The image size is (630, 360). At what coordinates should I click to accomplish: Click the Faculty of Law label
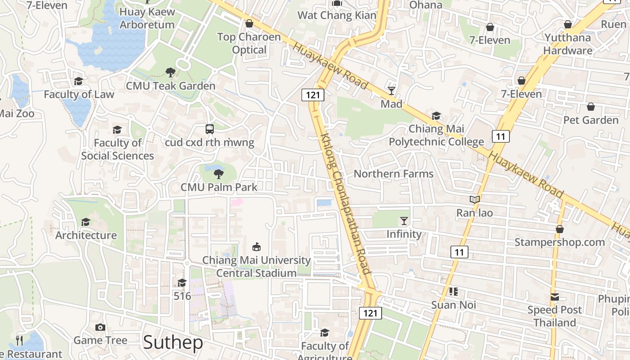(79, 94)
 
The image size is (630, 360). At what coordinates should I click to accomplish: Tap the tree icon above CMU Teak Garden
(171, 72)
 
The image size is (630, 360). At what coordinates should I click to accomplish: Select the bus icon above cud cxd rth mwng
(210, 129)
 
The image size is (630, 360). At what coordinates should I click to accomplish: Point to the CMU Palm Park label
(219, 187)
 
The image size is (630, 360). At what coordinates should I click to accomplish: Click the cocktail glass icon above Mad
(391, 91)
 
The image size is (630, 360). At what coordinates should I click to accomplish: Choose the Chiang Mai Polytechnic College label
(436, 135)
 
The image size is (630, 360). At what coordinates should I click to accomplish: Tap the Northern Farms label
(393, 174)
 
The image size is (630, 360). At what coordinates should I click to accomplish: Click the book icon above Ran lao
(475, 199)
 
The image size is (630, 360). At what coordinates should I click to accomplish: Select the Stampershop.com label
(559, 243)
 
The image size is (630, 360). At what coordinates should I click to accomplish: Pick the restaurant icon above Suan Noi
(453, 292)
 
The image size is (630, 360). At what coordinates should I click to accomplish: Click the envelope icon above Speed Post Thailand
(554, 297)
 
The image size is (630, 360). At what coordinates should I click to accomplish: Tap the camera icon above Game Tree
(100, 327)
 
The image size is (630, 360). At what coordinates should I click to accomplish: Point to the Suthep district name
(173, 343)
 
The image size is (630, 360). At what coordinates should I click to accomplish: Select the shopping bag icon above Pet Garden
(591, 107)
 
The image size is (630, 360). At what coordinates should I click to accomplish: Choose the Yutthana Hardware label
(567, 44)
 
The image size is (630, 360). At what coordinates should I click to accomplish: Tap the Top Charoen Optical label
(249, 43)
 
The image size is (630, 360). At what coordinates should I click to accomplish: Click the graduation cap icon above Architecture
(85, 222)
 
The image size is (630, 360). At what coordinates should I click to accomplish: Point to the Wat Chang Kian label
(337, 15)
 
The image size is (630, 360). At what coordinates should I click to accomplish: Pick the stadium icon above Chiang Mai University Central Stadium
(256, 247)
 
